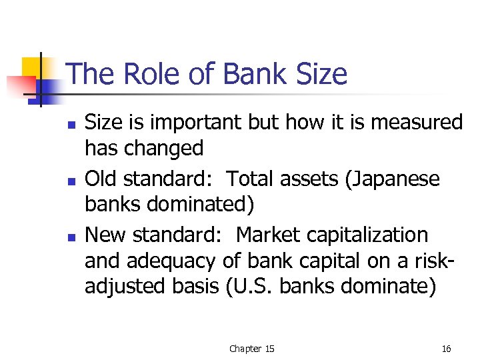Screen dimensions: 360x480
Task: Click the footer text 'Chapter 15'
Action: point(251,349)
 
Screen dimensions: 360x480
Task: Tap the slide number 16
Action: point(446,349)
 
